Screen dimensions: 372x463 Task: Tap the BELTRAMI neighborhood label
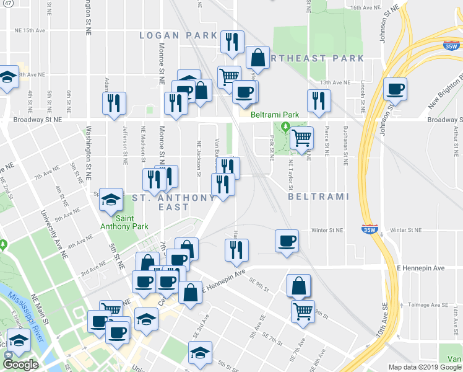click(319, 197)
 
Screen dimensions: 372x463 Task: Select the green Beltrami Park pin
click(285, 127)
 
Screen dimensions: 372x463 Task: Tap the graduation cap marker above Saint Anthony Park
click(111, 200)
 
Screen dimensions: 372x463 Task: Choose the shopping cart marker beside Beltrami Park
click(301, 137)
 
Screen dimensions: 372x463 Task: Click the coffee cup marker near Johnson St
click(394, 89)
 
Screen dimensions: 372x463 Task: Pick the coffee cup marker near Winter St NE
click(286, 241)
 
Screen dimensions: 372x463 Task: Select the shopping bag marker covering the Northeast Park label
click(257, 58)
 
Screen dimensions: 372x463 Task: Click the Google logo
click(20, 365)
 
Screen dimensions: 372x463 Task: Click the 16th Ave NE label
click(364, 8)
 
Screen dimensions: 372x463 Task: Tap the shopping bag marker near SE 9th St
click(298, 286)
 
